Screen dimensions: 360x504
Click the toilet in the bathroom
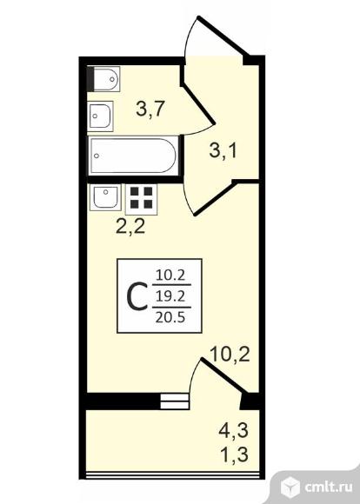point(103,79)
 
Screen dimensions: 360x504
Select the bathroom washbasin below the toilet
point(100,116)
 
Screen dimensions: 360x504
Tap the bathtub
point(134,156)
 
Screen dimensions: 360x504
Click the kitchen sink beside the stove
point(105,197)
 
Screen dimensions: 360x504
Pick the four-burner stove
point(141,199)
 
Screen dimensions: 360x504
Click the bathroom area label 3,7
point(150,109)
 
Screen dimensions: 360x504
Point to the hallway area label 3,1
point(223,150)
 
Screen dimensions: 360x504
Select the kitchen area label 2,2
point(130,227)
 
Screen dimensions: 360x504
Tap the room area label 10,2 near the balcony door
point(230,355)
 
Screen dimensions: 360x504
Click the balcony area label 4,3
point(234,430)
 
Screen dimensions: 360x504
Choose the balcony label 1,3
point(234,454)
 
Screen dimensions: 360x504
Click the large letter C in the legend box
point(137,296)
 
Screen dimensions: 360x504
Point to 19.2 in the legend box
point(170,296)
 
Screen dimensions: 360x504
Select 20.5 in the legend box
point(170,317)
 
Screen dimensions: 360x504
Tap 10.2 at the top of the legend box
point(170,275)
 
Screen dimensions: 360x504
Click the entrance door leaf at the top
point(223,36)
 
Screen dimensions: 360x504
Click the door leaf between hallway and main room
point(215,198)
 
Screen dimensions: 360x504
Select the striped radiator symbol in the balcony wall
point(175,401)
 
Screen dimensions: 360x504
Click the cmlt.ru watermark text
point(328,488)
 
